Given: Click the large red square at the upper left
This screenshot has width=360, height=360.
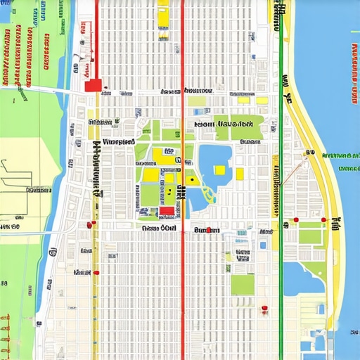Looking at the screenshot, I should tap(92, 85).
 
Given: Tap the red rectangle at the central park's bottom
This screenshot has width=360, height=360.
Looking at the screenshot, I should tap(167, 211).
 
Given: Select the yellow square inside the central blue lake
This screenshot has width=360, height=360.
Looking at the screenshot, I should tap(219, 169).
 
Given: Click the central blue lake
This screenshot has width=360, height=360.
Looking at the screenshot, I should tap(211, 158).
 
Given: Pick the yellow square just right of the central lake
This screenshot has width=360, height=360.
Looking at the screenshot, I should tap(240, 173).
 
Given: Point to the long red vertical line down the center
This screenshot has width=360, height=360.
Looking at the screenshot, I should tap(183, 281).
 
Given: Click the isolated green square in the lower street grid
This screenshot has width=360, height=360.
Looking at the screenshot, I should tap(242, 284).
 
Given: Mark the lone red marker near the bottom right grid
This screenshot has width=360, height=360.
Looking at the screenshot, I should tap(264, 308).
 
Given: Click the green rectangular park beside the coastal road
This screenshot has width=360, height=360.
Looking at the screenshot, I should tap(311, 233).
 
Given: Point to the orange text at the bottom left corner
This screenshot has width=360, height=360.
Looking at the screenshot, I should tap(6, 330).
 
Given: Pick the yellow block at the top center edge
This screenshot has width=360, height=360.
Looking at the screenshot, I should tap(163, 14).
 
